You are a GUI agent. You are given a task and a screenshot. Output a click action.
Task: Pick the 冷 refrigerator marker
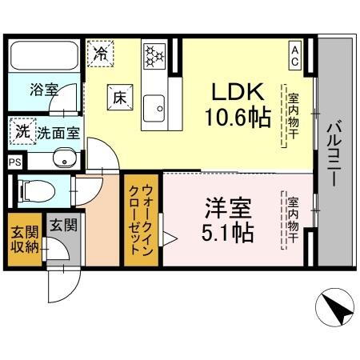[102, 54]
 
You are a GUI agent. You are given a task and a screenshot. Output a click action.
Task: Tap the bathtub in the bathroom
[43, 55]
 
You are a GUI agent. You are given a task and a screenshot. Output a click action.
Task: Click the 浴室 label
[43, 90]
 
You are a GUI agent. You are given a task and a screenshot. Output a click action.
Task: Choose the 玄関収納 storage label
[24, 239]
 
